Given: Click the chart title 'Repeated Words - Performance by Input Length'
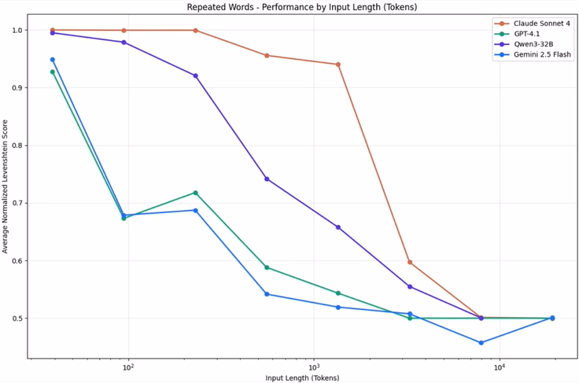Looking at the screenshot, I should pyautogui.click(x=301, y=7).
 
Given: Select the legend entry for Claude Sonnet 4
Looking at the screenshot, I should pyautogui.click(x=542, y=24).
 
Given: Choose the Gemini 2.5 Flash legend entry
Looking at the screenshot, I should pyautogui.click(x=542, y=55).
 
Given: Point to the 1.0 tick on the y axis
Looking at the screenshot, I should pyautogui.click(x=17, y=30).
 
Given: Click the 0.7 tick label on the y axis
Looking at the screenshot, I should pyautogui.click(x=17, y=203).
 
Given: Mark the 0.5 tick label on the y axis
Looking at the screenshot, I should pyautogui.click(x=17, y=319).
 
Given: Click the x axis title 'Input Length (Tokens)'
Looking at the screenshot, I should pyautogui.click(x=301, y=377).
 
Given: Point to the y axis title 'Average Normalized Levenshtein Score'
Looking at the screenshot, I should pyautogui.click(x=6, y=186).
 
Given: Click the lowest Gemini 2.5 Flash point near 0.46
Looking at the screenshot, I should pyautogui.click(x=481, y=343).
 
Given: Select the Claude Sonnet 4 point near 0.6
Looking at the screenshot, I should pyautogui.click(x=410, y=262).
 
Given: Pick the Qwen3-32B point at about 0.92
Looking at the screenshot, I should pyautogui.click(x=195, y=75).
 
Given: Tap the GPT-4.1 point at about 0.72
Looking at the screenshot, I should pyautogui.click(x=195, y=193).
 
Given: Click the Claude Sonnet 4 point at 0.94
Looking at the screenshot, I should pyautogui.click(x=338, y=64).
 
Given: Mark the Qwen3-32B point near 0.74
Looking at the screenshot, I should pyautogui.click(x=267, y=179).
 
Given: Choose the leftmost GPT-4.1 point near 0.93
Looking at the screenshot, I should pyautogui.click(x=53, y=72).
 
